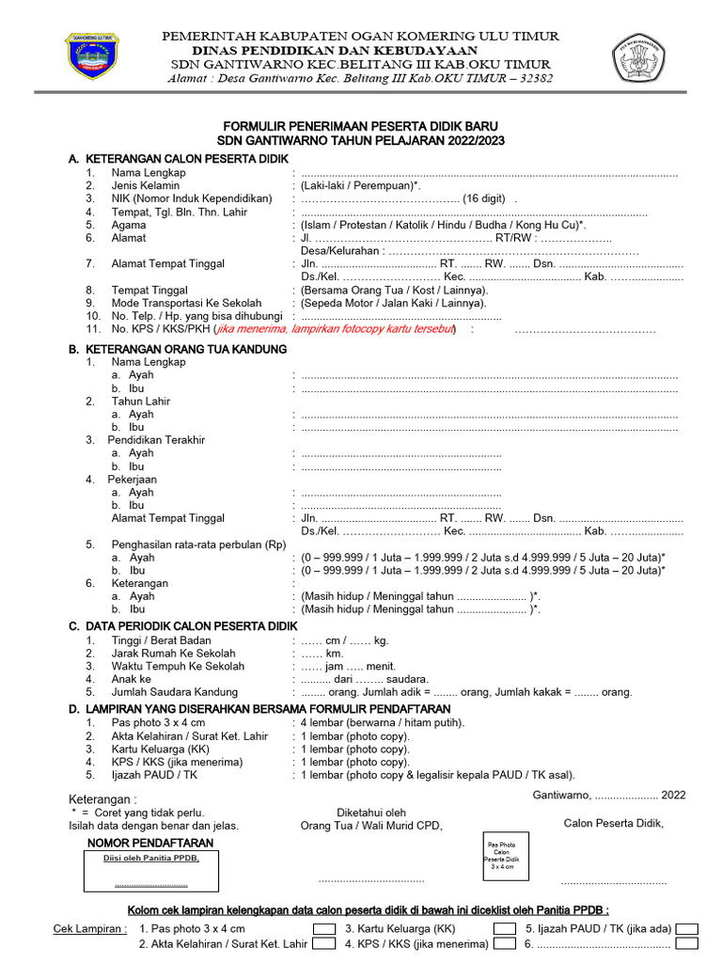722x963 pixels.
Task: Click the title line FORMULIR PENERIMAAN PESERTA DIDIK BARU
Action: [x=360, y=126]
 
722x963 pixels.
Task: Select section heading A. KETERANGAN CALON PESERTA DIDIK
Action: [x=178, y=159]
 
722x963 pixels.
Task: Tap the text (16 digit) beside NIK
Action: [x=488, y=198]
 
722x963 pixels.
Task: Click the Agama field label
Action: [x=129, y=225]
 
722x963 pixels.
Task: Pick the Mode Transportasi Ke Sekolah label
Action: [x=186, y=303]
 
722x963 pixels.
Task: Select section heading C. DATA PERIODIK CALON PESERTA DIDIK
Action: [x=182, y=625]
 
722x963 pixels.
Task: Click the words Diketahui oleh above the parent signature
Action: [x=370, y=813]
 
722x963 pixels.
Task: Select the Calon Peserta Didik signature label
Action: [x=613, y=823]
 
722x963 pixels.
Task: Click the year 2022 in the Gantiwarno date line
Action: [x=673, y=795]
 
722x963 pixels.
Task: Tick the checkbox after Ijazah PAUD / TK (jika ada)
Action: [x=687, y=928]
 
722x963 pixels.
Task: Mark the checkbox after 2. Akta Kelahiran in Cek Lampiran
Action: [x=324, y=944]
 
